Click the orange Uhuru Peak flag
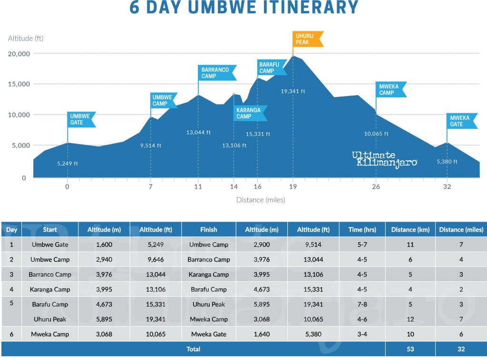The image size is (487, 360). coord(307,39)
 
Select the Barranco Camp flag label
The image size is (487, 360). coord(216,73)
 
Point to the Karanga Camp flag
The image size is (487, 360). coord(249,113)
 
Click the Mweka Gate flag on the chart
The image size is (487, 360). coord(461,121)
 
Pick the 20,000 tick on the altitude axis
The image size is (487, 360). coord(19,54)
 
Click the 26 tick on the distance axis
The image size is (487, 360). coord(376,186)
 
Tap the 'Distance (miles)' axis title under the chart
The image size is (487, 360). coord(261,200)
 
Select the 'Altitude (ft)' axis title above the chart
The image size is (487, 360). coord(26,38)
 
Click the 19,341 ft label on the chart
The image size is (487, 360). coord(293,91)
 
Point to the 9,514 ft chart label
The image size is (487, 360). coord(151,146)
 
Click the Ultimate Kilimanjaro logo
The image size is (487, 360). coord(384,159)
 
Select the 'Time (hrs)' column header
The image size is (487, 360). coord(362,230)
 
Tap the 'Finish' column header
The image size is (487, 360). coord(208,230)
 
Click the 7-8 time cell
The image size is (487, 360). coord(362,304)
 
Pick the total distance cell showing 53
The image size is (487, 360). coord(410,349)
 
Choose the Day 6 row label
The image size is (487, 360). coord(11,334)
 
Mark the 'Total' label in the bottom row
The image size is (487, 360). coord(193,349)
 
